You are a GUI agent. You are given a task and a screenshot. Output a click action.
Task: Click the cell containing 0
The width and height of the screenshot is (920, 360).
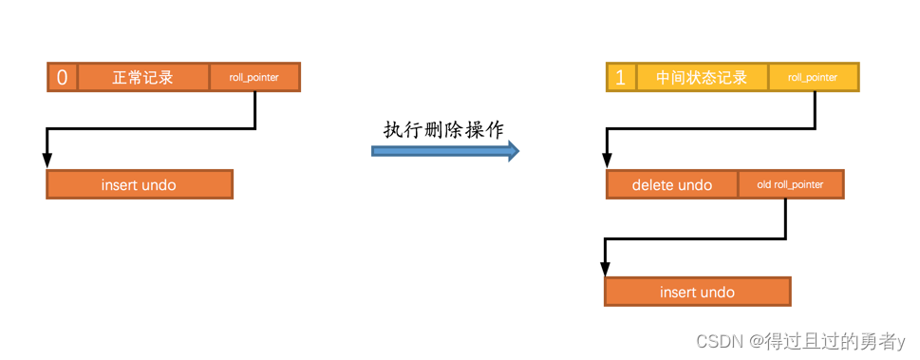[63, 77]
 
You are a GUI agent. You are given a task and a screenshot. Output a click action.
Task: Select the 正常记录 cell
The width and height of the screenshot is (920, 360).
[143, 77]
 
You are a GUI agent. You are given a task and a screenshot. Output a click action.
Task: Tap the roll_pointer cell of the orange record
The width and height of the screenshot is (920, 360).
[254, 77]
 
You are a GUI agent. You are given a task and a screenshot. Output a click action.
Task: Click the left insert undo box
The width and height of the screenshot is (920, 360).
[139, 184]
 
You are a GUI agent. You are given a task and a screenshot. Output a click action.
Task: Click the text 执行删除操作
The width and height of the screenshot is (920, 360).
[443, 130]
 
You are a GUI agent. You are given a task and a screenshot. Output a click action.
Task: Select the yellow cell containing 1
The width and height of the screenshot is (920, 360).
[621, 77]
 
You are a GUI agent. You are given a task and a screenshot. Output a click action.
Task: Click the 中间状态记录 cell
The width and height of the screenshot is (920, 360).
[703, 77]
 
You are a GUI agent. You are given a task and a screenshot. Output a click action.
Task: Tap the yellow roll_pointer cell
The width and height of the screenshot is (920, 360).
[813, 77]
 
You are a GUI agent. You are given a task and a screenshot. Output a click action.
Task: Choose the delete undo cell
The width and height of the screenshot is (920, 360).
[672, 184]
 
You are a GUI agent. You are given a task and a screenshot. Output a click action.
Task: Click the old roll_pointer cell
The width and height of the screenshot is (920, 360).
[790, 184]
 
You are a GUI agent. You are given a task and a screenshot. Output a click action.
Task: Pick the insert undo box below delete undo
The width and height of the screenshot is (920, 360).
[697, 292]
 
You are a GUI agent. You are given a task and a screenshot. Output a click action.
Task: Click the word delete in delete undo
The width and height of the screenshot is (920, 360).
[652, 184]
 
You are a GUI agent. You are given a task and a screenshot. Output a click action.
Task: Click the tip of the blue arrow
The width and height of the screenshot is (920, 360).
[518, 150]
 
